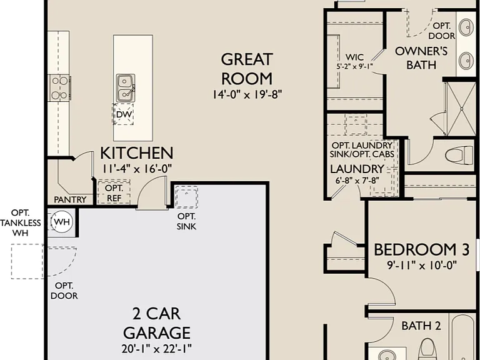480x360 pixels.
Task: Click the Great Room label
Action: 247,69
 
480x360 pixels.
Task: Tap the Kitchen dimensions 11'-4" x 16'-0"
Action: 137,169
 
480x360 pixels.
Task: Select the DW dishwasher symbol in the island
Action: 124,114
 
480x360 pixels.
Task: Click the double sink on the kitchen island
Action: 125,88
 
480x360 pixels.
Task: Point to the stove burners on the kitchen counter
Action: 59,88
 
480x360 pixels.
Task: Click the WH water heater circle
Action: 62,222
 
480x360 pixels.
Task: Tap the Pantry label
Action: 70,199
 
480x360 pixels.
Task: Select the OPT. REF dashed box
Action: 114,192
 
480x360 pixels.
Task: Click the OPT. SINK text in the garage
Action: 186,221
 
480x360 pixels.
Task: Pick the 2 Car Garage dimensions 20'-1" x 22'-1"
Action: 156,348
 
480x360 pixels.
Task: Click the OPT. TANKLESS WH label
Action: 20,223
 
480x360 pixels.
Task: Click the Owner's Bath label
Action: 421,58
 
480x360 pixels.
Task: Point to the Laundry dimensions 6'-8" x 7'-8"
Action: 357,181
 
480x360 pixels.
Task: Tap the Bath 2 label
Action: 421,326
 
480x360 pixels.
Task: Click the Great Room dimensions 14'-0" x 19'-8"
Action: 247,94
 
